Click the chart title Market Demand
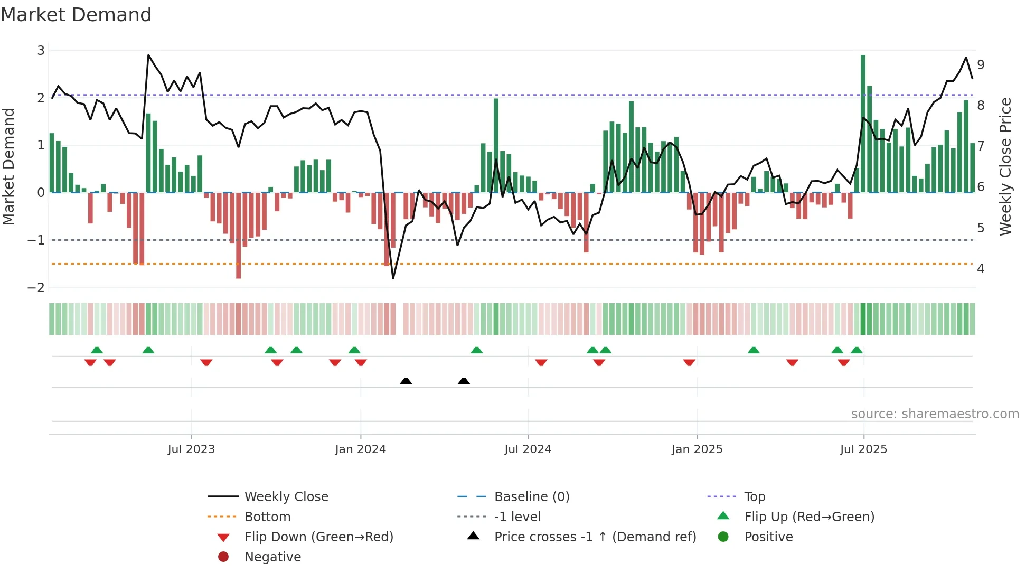76,15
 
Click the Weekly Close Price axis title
1005,166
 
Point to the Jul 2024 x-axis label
528,449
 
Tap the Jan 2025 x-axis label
697,449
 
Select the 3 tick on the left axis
41,51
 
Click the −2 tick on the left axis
36,288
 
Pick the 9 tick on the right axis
981,65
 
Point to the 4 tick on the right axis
981,269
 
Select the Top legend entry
754,497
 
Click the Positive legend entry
768,537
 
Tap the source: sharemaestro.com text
935,414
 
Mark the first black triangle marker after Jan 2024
406,381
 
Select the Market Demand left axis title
9,166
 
